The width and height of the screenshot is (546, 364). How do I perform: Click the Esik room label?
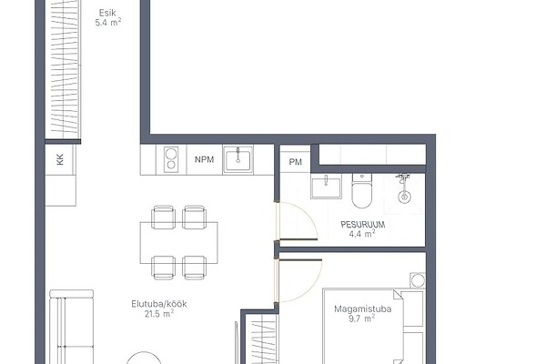click(107, 14)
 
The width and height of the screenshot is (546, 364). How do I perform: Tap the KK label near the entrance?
click(60, 159)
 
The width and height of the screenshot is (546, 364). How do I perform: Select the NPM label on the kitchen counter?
click(205, 159)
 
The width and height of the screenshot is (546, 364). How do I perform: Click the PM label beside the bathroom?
click(295, 162)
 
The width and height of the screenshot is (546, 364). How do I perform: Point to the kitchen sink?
click(238, 159)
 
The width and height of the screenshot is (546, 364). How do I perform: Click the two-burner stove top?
click(171, 159)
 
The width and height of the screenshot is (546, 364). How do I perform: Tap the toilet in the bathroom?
click(362, 190)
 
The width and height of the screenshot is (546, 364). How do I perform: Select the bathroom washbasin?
click(326, 187)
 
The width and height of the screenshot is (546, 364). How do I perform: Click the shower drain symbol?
click(404, 197)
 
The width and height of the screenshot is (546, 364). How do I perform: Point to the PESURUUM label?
click(363, 225)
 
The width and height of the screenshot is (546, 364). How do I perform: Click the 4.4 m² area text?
click(362, 234)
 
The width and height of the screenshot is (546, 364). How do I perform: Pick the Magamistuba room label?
click(363, 309)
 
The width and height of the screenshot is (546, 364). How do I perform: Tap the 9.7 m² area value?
click(362, 318)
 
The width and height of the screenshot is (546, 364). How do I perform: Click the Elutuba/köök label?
click(159, 304)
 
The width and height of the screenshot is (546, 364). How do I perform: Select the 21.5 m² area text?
click(159, 314)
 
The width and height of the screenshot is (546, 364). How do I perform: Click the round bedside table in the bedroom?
click(418, 280)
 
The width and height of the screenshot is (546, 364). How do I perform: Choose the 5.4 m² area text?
click(108, 23)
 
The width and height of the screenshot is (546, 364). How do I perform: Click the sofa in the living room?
click(71, 327)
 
